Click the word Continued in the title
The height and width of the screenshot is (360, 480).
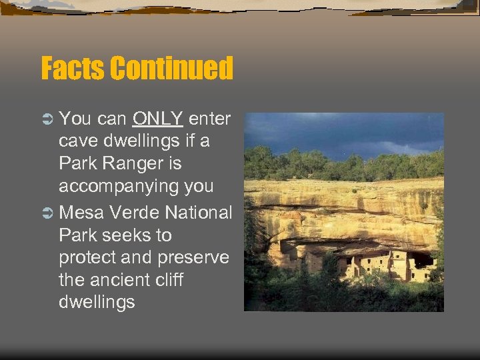tap(171, 69)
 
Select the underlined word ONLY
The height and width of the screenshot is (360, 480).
tap(157, 119)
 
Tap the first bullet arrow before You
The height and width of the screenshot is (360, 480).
tap(47, 120)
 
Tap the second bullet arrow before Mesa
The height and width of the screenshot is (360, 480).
tap(47, 213)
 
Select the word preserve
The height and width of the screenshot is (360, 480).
tap(194, 258)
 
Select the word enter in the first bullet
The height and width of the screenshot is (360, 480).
tap(209, 119)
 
